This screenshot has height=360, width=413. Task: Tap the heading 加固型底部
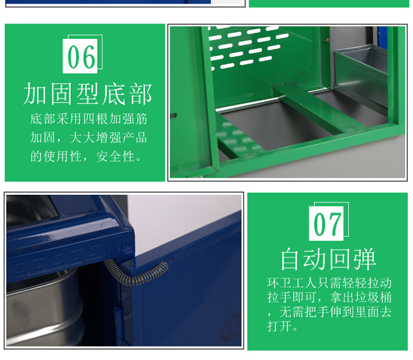[x=88, y=94]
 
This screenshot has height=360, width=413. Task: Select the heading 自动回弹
[x=327, y=259]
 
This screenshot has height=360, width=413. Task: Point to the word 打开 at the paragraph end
[x=279, y=326]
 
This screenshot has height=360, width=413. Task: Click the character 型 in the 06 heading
[x=88, y=94]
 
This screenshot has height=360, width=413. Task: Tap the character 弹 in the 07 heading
[x=365, y=259]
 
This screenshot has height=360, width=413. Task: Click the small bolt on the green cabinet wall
[x=327, y=40]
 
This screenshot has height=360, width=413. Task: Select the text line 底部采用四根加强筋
[x=88, y=119]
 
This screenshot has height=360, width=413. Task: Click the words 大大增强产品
[x=108, y=138]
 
